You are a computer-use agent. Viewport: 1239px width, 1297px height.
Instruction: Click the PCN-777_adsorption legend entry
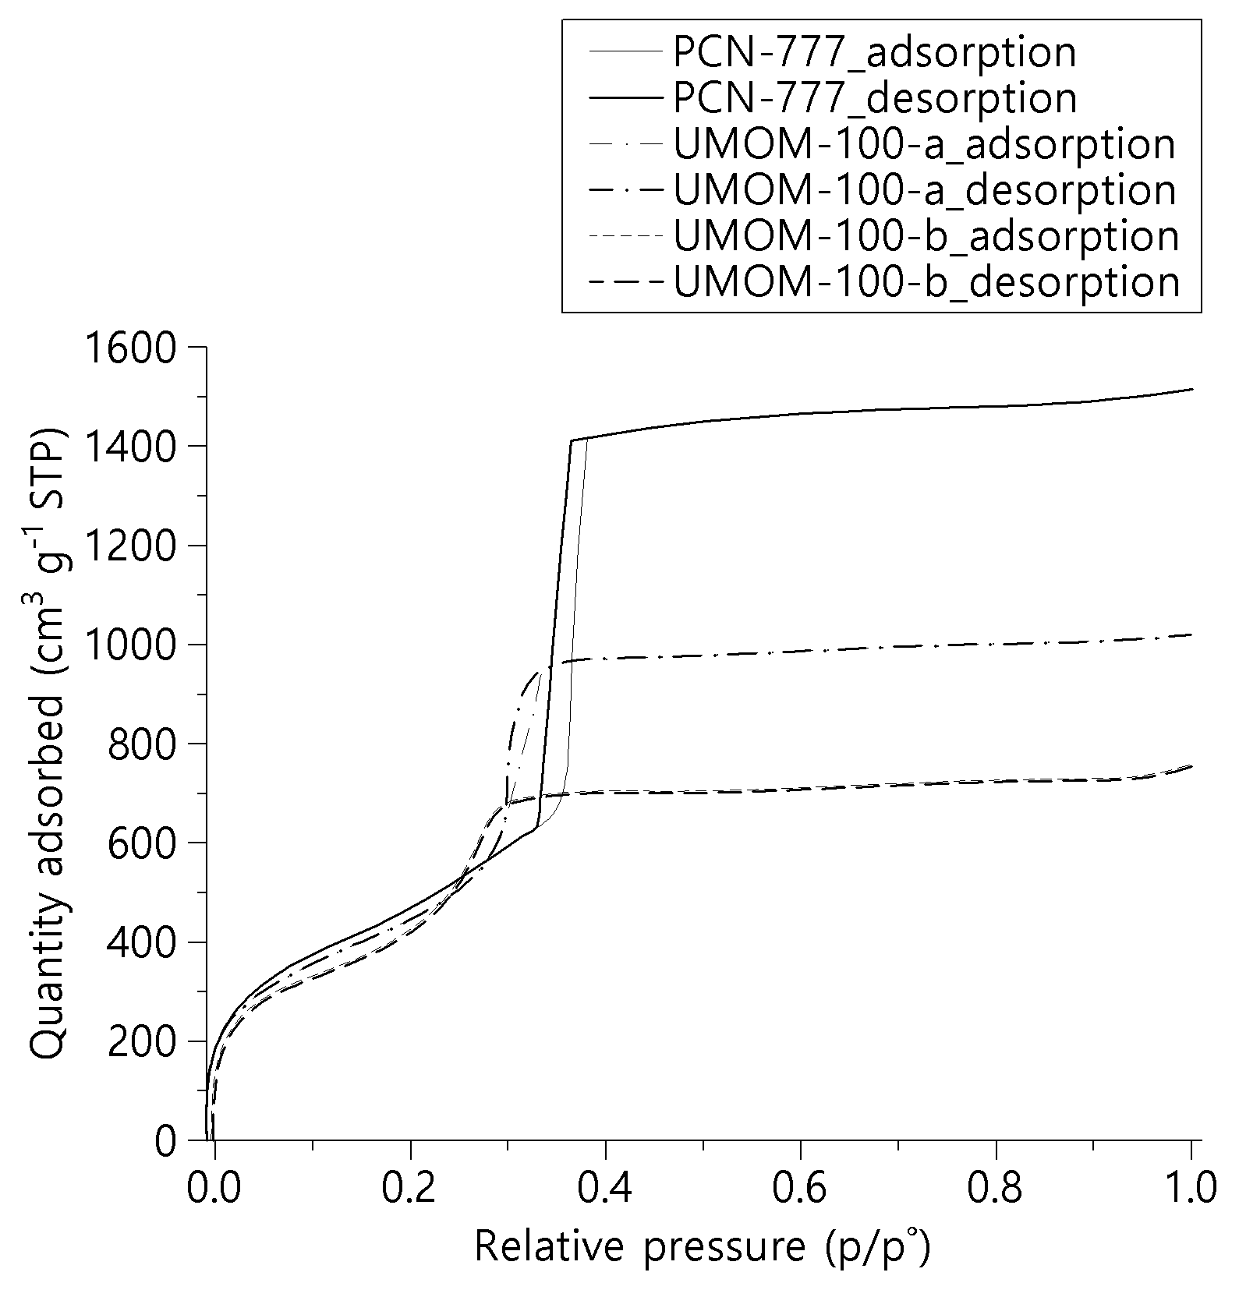tap(874, 53)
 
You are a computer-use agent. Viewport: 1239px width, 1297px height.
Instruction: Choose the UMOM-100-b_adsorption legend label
tap(926, 236)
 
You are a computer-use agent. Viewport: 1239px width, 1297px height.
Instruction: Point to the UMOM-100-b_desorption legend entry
tap(926, 282)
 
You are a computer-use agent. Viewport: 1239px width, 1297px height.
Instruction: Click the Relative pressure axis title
tap(702, 1247)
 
